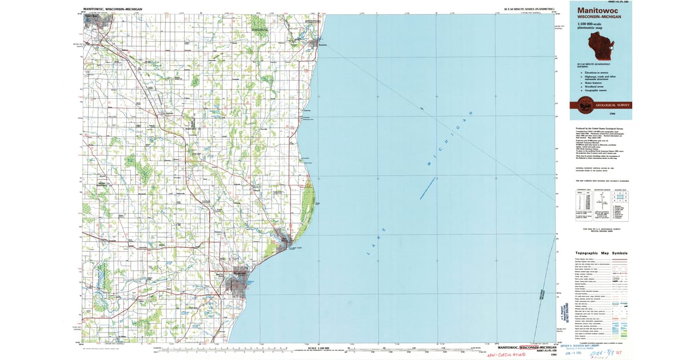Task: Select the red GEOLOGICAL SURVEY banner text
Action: coord(612,105)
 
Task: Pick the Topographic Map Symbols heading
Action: coord(601,253)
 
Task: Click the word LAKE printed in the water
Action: coord(372,239)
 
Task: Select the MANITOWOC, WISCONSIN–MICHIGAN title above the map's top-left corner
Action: coord(113,10)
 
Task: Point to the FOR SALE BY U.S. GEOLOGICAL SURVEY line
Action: coord(600,229)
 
